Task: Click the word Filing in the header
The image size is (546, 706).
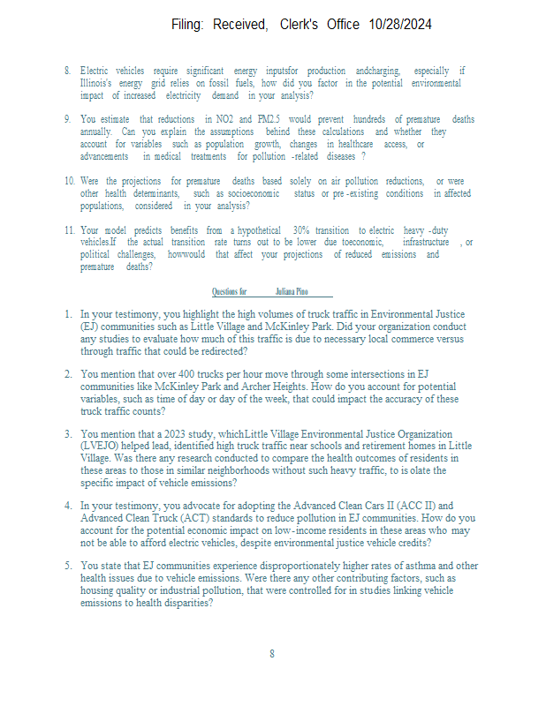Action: [188, 25]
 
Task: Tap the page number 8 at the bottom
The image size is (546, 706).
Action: [272, 654]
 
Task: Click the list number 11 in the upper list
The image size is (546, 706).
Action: [69, 229]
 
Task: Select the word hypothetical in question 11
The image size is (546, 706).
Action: [263, 229]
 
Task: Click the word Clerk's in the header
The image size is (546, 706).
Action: [304, 25]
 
